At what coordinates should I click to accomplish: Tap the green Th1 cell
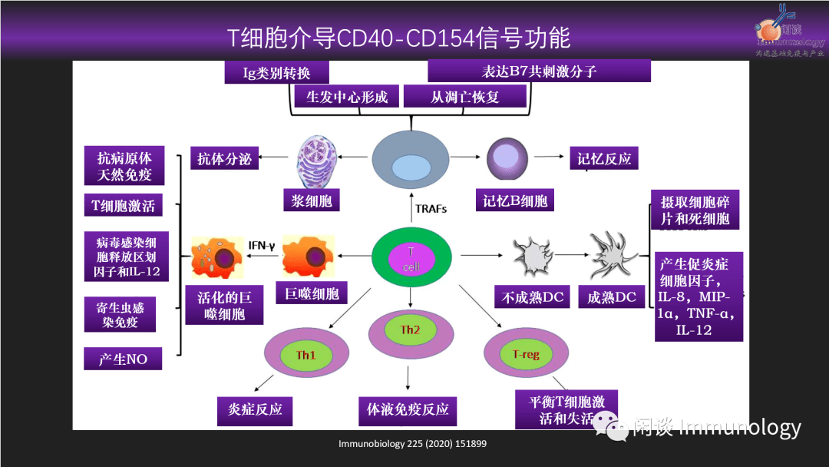point(306,355)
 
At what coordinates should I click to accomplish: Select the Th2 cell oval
point(410,331)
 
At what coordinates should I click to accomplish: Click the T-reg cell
point(526,354)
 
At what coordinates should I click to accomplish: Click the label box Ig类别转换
point(276,72)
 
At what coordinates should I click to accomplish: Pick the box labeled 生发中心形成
point(347,96)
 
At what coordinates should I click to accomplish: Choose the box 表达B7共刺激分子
point(539,71)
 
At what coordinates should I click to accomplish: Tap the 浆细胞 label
point(311,201)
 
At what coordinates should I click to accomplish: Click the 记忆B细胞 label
point(514,201)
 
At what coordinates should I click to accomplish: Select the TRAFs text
point(431,208)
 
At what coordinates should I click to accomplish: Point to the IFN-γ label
point(261,245)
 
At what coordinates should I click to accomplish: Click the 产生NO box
point(123,359)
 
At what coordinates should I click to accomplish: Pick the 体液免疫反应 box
point(408,410)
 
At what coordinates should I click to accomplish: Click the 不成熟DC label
point(533,297)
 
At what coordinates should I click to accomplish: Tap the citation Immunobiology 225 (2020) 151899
point(413,444)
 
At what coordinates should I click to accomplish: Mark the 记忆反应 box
point(604,159)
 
